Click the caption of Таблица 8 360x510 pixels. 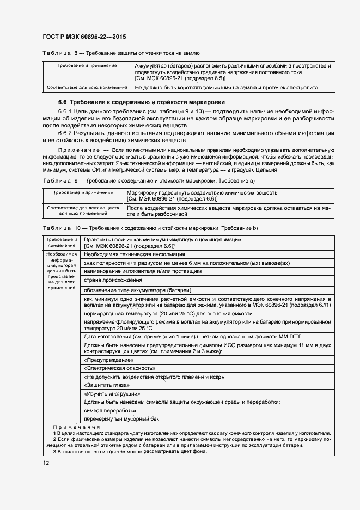coord(121,53)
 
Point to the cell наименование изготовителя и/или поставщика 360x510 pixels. coord(143,271)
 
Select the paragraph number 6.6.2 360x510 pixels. coord(67,132)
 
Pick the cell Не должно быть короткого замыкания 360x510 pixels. coord(226,87)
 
